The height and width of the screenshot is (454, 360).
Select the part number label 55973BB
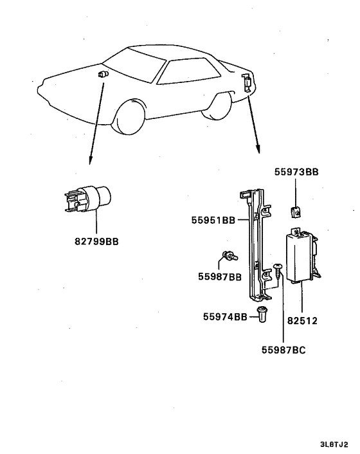296,172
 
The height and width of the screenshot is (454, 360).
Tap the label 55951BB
213,220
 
